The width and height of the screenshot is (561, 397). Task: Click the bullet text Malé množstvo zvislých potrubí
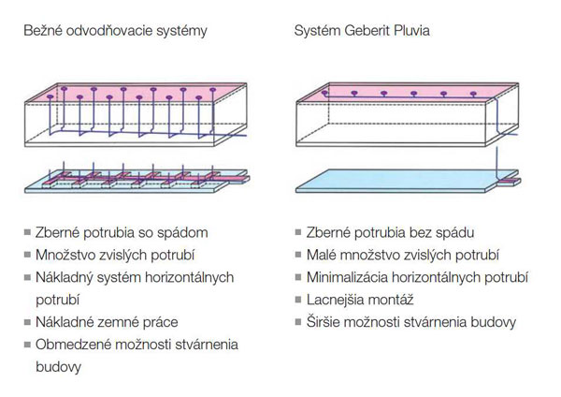(403, 254)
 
